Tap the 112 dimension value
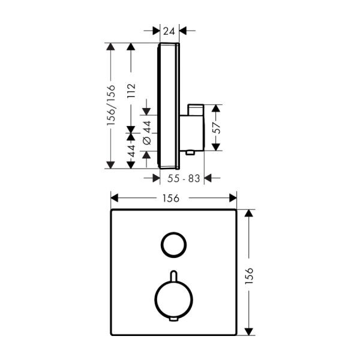(x=131, y=91)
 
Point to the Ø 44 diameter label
(x=147, y=132)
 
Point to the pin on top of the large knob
(x=172, y=275)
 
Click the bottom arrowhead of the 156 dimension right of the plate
(x=251, y=329)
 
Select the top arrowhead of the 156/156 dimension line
(x=110, y=47)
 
